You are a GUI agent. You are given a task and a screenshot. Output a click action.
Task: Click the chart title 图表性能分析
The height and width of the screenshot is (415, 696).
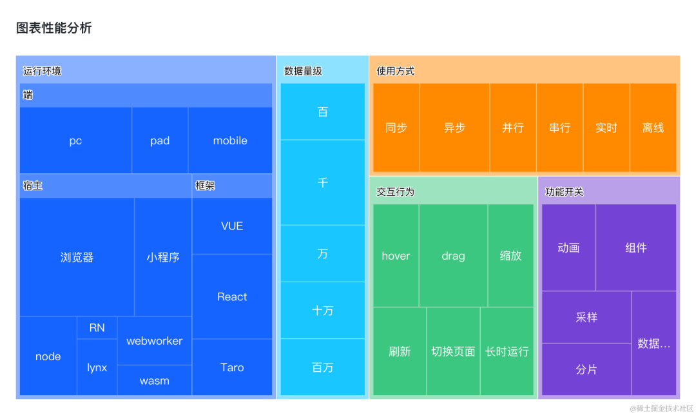click(54, 28)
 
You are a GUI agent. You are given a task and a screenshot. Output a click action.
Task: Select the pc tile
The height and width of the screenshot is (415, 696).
click(75, 140)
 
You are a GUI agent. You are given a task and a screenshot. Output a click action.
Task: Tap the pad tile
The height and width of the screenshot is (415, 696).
click(160, 140)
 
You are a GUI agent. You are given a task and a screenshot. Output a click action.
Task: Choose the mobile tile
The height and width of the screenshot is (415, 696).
click(230, 140)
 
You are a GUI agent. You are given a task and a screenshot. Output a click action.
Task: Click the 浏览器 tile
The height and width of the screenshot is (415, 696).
click(77, 257)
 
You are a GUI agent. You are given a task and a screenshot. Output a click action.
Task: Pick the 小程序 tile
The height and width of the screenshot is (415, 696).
click(163, 257)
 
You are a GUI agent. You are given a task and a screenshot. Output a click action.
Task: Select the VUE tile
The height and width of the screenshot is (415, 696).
click(232, 226)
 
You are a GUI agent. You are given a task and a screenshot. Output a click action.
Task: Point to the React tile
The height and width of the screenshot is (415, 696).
click(232, 296)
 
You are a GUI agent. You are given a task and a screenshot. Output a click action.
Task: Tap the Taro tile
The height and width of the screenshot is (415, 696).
click(232, 367)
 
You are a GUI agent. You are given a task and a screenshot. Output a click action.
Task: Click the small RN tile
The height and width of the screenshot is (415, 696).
click(97, 327)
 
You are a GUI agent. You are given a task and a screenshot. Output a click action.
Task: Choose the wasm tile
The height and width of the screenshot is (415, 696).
click(155, 380)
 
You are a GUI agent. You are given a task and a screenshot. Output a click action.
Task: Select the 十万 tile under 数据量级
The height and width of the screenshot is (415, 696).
click(323, 311)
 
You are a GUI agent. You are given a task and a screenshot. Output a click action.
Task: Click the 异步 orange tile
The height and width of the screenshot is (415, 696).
click(454, 128)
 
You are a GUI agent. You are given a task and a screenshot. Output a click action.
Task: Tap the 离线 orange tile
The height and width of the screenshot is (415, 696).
click(653, 128)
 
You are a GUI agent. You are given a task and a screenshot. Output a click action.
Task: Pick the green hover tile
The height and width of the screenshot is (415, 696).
click(396, 256)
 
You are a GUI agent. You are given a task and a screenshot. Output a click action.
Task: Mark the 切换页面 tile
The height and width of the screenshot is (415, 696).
click(453, 351)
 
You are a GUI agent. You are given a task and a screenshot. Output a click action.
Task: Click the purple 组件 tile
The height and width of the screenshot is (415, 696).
click(635, 247)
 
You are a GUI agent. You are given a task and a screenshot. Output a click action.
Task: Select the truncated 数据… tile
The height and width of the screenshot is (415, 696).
click(653, 343)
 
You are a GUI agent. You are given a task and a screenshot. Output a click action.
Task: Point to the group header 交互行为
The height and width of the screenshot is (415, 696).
click(396, 192)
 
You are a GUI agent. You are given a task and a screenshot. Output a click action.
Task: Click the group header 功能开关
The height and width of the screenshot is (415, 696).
click(565, 192)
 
